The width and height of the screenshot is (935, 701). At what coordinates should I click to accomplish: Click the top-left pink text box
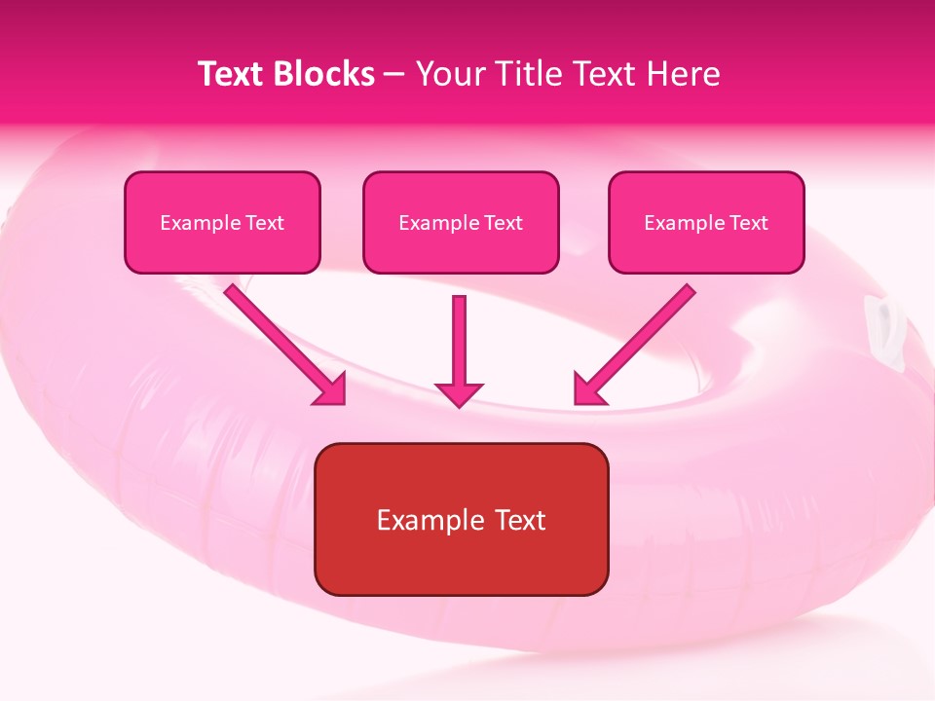click(222, 223)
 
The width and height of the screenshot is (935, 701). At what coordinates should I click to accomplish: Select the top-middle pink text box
click(461, 223)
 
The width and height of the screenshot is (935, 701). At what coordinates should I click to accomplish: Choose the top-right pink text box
click(706, 223)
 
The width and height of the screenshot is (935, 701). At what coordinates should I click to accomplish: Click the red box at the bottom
click(461, 519)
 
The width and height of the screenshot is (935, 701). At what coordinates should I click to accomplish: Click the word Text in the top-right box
click(748, 223)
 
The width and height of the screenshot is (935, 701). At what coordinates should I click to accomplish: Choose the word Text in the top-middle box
click(503, 223)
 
